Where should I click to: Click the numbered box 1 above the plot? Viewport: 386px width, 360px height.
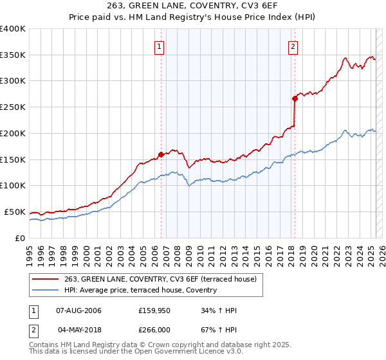(159, 46)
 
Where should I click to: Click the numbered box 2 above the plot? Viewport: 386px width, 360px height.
(293, 46)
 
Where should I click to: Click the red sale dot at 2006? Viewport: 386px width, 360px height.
(160, 154)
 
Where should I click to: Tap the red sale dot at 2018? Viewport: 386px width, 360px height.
(295, 98)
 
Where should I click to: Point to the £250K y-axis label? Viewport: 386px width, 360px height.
(13, 107)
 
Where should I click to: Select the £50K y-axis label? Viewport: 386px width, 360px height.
(15, 212)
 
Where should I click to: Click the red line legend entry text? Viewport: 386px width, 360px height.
(160, 279)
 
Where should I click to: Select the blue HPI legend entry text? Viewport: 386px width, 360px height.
(140, 290)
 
